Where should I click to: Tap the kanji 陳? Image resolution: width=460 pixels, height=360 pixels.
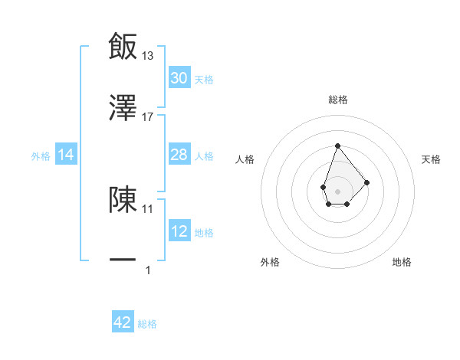[x=123, y=198]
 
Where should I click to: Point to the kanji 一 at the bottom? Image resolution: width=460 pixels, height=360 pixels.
[x=123, y=260]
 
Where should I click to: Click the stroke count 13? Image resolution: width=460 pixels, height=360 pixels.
[x=148, y=55]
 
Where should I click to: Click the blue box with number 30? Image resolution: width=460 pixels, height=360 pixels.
[x=179, y=78]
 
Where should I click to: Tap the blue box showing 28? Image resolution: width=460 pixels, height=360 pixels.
[x=179, y=155]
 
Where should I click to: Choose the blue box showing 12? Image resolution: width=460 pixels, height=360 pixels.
[x=179, y=231]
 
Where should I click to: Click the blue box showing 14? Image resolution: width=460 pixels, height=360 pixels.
[x=66, y=155]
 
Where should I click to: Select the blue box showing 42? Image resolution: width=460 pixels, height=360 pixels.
[x=123, y=322]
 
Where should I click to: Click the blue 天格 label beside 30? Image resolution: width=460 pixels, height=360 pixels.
[x=204, y=80]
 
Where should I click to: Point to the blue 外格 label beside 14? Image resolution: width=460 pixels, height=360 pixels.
[x=41, y=156]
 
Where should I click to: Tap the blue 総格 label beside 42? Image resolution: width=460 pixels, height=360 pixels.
[x=147, y=324]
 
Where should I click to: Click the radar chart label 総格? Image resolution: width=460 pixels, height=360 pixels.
[x=337, y=100]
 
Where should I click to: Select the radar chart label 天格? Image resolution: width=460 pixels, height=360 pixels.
[x=432, y=159]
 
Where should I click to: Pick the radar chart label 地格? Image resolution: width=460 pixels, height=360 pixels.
[x=402, y=262]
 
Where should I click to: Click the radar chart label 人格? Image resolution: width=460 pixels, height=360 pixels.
[x=245, y=159]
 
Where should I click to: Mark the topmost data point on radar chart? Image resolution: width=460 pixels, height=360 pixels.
[x=337, y=145]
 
